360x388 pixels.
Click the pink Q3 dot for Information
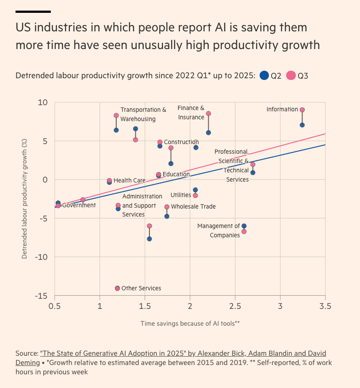coord(302,110)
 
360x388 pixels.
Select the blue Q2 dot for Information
coord(302,125)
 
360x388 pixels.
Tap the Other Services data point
coord(118,289)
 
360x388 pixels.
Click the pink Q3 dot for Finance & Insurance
coord(208,114)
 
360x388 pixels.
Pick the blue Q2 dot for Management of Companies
coord(244,226)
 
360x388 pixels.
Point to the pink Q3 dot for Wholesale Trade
coord(167,207)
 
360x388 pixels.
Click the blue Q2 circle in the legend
coord(264,76)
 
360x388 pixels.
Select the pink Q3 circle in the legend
coord(291,76)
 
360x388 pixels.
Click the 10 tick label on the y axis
coord(43,103)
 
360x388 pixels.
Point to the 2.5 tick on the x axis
coord(235,305)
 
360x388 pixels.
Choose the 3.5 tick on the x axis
coord(325,305)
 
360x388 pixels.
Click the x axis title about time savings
coord(190,323)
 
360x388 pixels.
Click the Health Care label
coord(129,181)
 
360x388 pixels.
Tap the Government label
coord(79,205)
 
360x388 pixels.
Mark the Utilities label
coord(181,195)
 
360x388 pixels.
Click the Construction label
coord(181,142)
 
